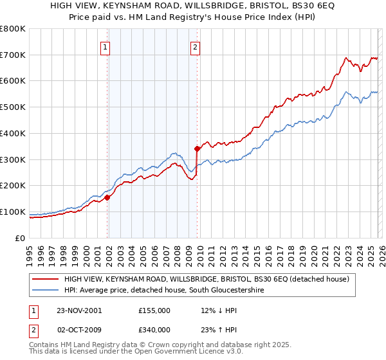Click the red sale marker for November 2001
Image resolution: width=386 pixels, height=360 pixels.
coord(107,197)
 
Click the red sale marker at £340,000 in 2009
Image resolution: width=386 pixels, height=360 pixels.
coord(197,149)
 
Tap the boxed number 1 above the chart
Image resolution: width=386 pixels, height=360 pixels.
coord(105,46)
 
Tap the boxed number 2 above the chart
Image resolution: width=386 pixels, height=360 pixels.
coord(194,46)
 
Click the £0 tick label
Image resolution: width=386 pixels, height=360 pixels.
coord(21,238)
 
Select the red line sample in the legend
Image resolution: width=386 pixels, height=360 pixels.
coord(46,279)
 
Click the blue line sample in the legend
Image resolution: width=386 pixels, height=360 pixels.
coord(46,291)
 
